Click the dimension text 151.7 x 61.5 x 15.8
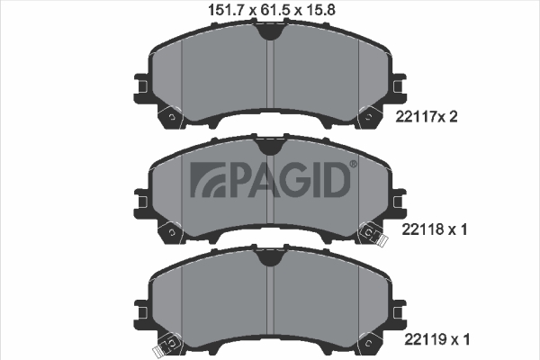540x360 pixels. pyautogui.click(x=272, y=10)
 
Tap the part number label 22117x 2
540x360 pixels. pyautogui.click(x=427, y=117)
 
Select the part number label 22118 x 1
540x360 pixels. pyautogui.click(x=435, y=229)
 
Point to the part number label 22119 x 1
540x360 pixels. pyautogui.click(x=436, y=339)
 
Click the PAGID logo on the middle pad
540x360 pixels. pyautogui.click(x=270, y=179)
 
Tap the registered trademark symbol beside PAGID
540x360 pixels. pyautogui.click(x=354, y=165)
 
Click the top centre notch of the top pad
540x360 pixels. pyautogui.click(x=270, y=32)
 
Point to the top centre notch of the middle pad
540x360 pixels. pyautogui.click(x=270, y=147)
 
